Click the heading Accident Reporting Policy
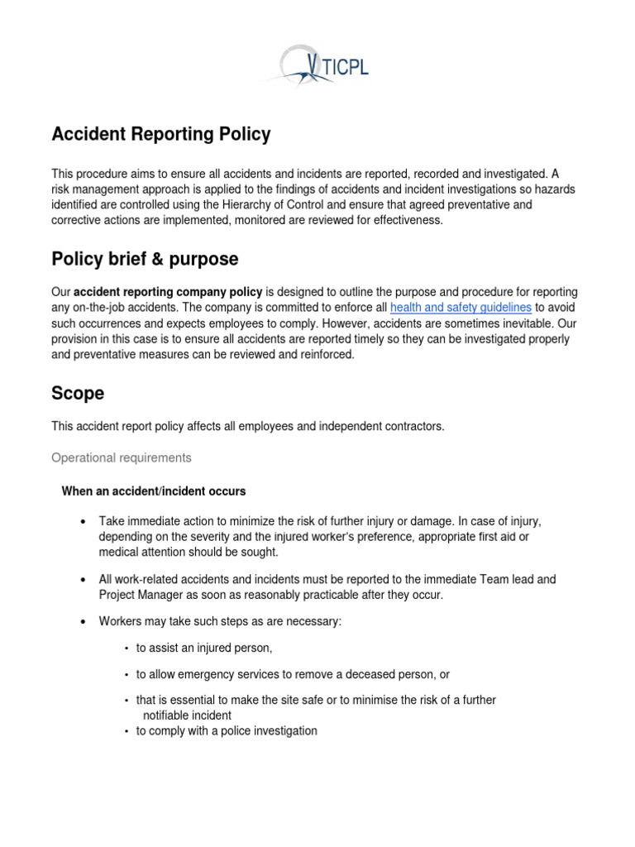(x=161, y=134)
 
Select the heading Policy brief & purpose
(x=145, y=259)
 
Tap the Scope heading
(x=78, y=393)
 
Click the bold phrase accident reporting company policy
(x=168, y=291)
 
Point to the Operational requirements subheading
(x=122, y=457)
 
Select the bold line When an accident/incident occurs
(x=154, y=491)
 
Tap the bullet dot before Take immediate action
(x=84, y=522)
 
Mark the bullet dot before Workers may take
(x=84, y=622)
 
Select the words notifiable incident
(x=188, y=715)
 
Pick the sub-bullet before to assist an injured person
(x=126, y=648)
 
